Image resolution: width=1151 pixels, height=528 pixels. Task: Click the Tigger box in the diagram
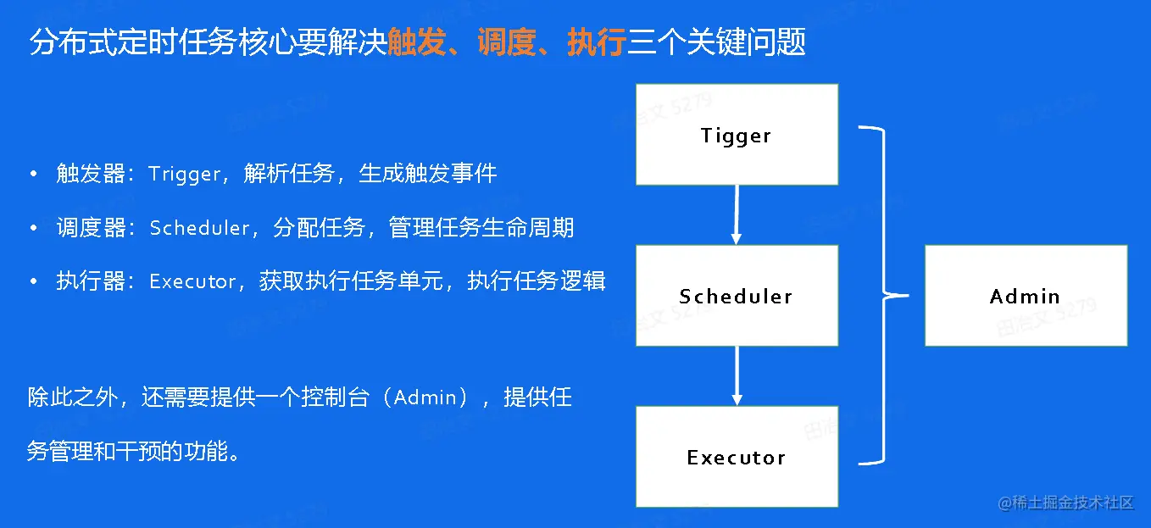tap(737, 135)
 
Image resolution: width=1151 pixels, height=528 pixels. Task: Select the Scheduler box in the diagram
tap(737, 296)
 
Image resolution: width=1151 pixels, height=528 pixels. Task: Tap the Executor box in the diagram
tap(737, 457)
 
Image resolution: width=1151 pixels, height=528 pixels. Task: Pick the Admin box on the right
tap(1026, 296)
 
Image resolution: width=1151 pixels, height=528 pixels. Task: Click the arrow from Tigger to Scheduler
tap(737, 215)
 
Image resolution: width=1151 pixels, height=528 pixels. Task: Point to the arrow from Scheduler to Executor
tap(737, 376)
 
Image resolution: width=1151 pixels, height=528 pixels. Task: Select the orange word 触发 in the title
tap(416, 42)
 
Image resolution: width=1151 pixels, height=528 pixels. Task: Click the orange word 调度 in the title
tap(506, 42)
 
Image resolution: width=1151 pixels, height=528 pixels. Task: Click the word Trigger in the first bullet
tap(185, 175)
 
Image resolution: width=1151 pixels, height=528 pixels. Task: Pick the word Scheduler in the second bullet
tap(200, 228)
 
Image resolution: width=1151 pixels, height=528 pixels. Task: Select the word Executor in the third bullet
tap(192, 281)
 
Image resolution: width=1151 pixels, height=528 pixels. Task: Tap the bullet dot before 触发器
tap(34, 175)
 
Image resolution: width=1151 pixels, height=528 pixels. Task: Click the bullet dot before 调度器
tap(34, 228)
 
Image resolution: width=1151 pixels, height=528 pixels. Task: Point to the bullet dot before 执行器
tap(34, 281)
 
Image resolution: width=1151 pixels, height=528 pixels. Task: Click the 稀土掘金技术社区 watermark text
tap(1065, 503)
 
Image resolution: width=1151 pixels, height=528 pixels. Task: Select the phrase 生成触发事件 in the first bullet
tap(428, 175)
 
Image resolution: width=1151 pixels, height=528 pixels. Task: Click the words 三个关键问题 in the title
tap(716, 42)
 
